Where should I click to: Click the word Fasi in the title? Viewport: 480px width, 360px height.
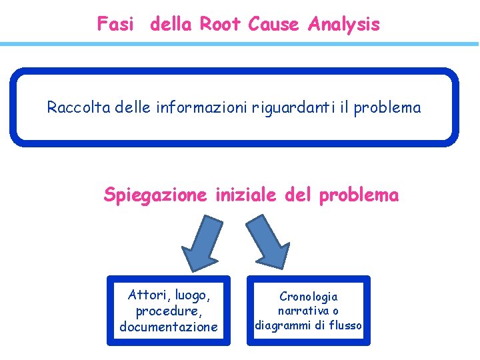pos(115,25)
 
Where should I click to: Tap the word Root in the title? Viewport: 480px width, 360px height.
pos(221,25)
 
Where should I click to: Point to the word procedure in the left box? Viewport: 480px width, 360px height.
pos(168,311)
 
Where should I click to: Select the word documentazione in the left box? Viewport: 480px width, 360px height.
pos(169,327)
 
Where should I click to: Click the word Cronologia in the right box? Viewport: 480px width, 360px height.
pos(308,297)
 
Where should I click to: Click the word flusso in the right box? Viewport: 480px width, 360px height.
pos(344,325)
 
